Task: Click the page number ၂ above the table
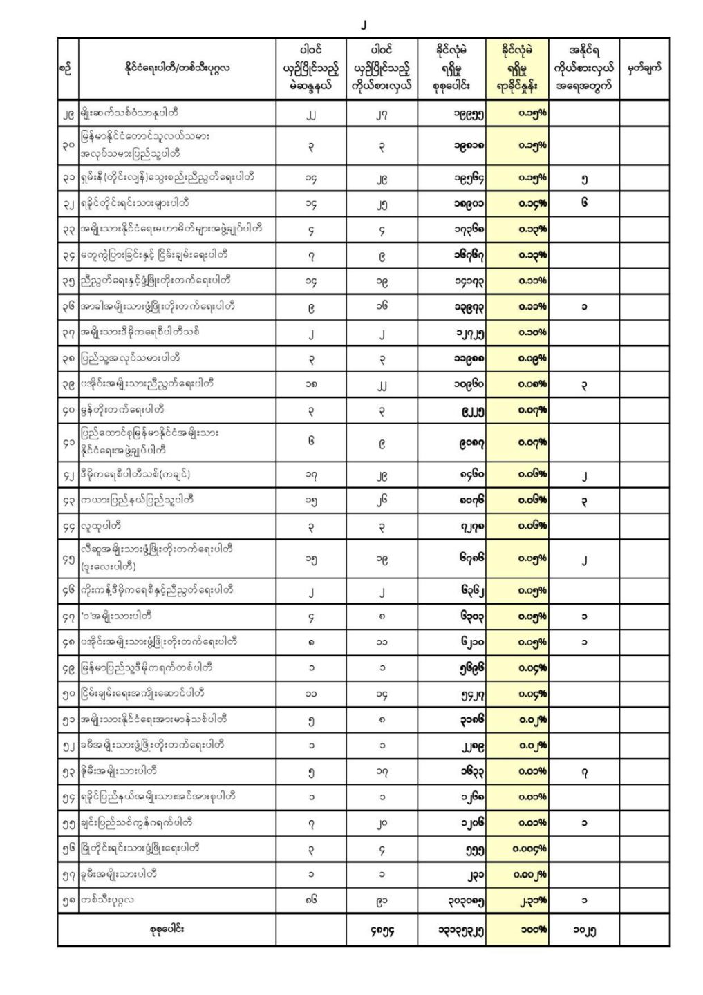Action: [x=364, y=26]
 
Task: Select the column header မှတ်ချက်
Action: [x=644, y=68]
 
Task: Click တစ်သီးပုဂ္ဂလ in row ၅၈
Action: [x=107, y=900]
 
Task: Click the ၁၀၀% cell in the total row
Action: [x=533, y=930]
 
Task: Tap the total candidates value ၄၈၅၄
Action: [x=382, y=930]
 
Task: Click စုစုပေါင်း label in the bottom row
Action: [x=166, y=930]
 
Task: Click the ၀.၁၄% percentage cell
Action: [x=532, y=203]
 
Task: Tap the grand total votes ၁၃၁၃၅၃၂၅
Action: [x=460, y=930]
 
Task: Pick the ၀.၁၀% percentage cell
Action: [x=532, y=332]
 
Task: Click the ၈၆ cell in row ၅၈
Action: [x=311, y=900]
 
